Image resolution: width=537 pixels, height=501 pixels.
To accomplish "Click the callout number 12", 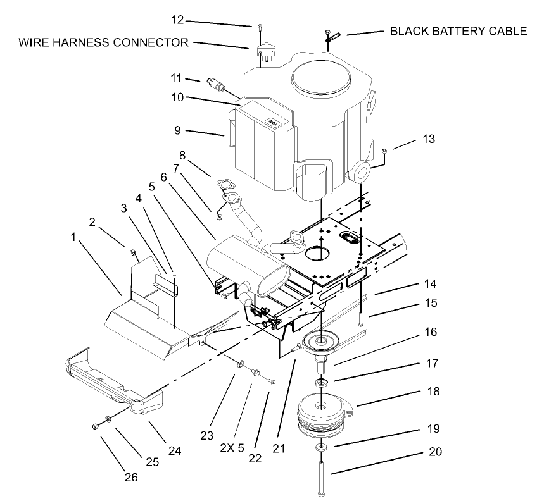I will (177, 20).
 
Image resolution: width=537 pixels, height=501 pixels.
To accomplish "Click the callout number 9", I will (179, 130).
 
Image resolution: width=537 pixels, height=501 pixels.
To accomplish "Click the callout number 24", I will (174, 451).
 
